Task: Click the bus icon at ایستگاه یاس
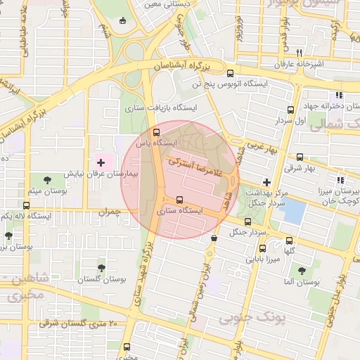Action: click(x=156, y=131)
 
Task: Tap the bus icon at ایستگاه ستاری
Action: click(x=179, y=199)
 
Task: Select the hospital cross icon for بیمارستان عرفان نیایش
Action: click(x=101, y=162)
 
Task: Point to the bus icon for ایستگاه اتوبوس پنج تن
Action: click(x=230, y=73)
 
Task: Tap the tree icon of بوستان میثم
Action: click(x=48, y=181)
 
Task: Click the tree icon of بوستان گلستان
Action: click(x=102, y=268)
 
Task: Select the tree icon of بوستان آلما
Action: click(x=302, y=270)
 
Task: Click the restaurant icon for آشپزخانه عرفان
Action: click(x=299, y=52)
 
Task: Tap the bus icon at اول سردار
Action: click(x=290, y=110)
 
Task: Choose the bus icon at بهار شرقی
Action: click(x=300, y=157)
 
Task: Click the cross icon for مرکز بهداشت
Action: click(x=266, y=182)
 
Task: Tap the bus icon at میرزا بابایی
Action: click(x=263, y=248)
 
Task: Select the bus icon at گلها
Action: click(x=290, y=240)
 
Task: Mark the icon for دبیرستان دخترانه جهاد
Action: click(x=338, y=95)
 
